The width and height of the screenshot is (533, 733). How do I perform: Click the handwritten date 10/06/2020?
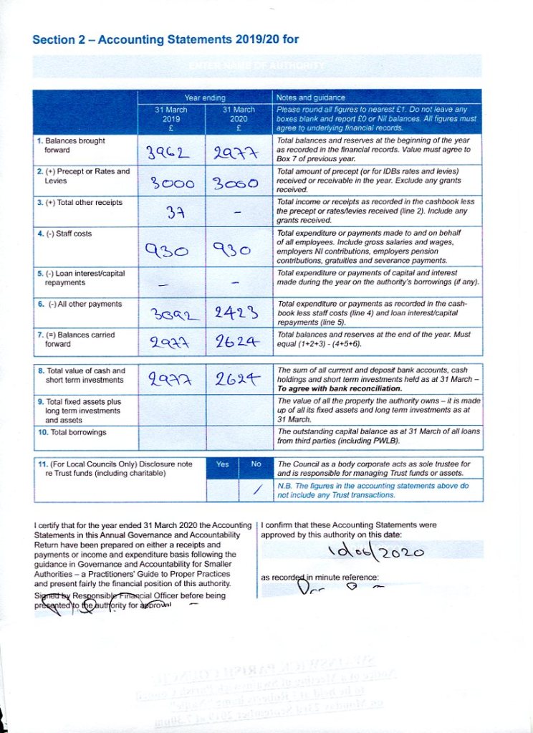375,552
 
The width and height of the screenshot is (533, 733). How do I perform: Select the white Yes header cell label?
222,464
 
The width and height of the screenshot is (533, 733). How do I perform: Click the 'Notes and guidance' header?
311,97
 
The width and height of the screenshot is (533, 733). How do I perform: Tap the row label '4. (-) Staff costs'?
64,234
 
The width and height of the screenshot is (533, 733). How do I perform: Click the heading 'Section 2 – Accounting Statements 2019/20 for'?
165,39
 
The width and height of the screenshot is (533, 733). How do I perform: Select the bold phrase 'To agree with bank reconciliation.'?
329,388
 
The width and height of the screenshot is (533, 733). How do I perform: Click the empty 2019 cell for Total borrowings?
171,433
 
